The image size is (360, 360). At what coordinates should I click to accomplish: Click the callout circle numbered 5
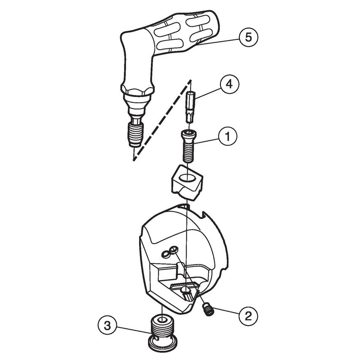click(x=248, y=37)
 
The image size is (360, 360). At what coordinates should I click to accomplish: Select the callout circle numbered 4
click(x=229, y=84)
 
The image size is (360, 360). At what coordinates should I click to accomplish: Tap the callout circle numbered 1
click(x=228, y=136)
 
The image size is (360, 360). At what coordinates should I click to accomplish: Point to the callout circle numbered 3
click(x=108, y=325)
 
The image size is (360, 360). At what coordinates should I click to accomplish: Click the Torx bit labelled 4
click(x=191, y=107)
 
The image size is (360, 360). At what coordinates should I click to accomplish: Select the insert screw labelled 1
click(x=188, y=145)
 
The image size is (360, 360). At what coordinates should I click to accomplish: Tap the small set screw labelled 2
click(x=207, y=310)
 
